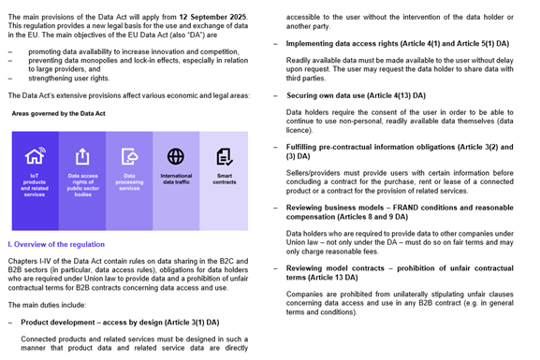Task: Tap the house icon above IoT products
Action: tap(35, 156)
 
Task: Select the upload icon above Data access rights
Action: tap(82, 156)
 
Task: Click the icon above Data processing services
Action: tap(129, 156)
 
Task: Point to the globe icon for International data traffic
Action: tap(175, 156)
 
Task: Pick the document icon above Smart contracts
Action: tap(224, 156)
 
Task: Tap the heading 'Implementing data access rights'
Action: tap(384, 43)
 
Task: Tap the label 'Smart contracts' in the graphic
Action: tap(223, 179)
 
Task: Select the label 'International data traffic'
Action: tap(176, 179)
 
